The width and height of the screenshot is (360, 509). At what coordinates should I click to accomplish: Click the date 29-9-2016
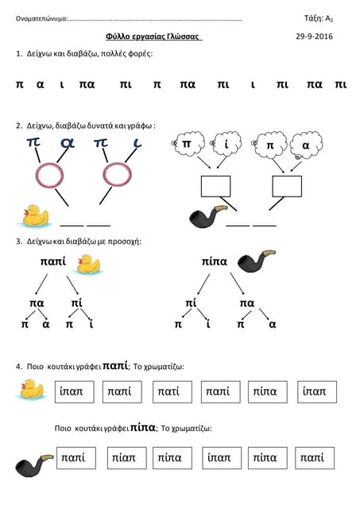(314, 37)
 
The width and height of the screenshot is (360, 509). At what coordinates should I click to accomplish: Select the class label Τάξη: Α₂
(319, 18)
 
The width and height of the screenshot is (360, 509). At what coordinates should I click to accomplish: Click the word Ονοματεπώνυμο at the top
(41, 18)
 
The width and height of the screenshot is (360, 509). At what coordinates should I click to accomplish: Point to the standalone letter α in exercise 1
(41, 85)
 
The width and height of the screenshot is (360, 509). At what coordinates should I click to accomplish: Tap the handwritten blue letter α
(68, 144)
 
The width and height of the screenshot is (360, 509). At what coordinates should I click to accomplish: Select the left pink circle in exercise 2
(49, 176)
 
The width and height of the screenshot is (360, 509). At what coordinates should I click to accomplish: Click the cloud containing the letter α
(306, 145)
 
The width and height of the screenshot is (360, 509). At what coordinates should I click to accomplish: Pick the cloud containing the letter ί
(226, 144)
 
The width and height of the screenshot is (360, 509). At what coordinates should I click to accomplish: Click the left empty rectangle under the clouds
(215, 186)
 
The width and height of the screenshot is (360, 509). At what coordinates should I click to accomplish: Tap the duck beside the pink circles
(34, 216)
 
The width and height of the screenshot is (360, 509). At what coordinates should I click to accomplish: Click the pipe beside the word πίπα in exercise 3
(256, 261)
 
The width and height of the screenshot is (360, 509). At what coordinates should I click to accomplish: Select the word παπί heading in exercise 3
(53, 262)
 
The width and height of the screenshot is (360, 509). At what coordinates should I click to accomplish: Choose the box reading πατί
(172, 392)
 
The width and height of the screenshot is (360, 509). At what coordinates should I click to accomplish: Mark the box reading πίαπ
(127, 458)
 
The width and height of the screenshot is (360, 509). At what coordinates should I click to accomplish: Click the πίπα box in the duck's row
(268, 392)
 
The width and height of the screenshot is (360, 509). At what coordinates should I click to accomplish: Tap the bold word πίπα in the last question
(143, 427)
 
